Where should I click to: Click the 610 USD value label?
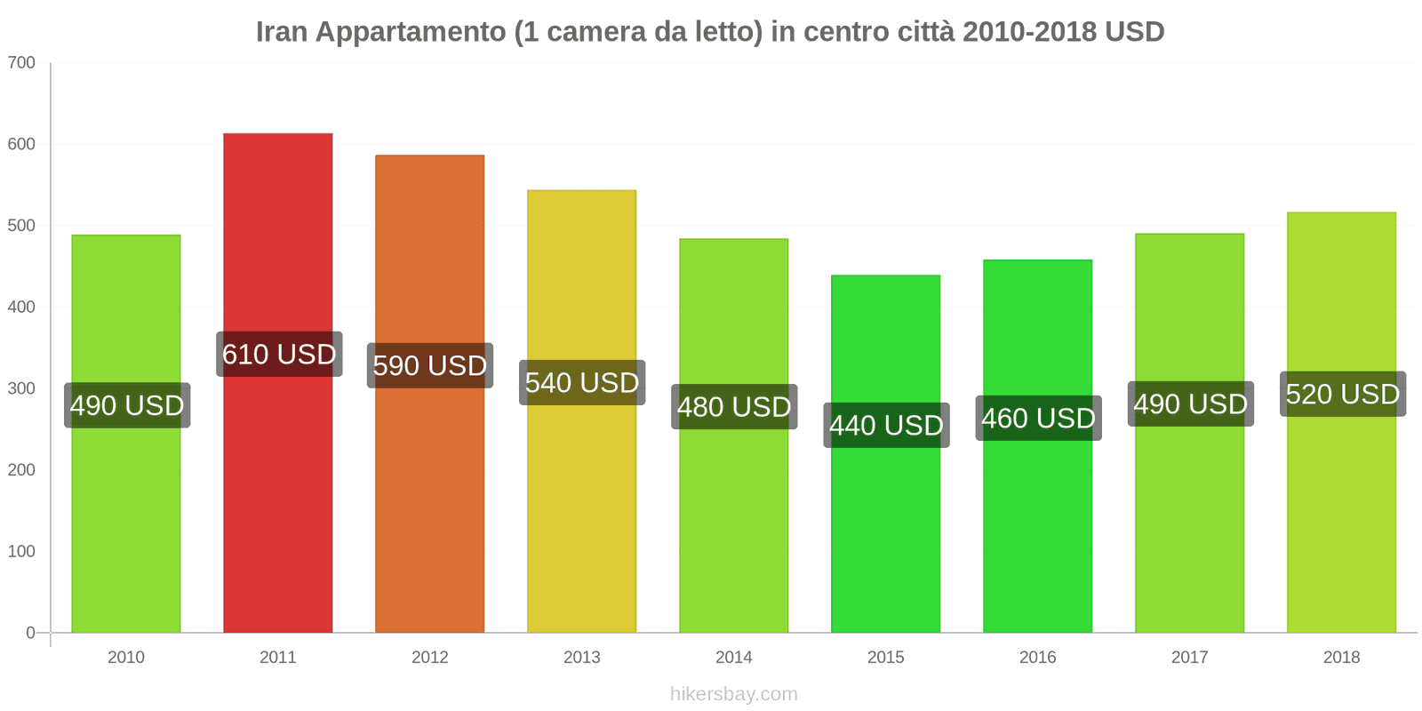pos(279,355)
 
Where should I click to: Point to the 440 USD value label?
pos(886,426)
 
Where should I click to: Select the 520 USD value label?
pos(1342,394)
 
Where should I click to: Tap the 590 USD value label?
pos(430,365)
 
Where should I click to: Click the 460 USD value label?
pos(1038,419)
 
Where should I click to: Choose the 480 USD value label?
pos(734,407)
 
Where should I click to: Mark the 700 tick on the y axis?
pos(21,63)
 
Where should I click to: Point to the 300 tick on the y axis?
pos(21,388)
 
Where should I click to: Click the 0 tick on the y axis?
pos(30,633)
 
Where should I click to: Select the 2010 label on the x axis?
pos(125,658)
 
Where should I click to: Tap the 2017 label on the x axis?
pos(1189,658)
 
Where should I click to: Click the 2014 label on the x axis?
pos(733,658)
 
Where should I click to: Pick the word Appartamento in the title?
pos(411,32)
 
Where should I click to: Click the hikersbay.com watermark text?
pos(733,694)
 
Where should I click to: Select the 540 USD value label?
pos(582,383)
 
